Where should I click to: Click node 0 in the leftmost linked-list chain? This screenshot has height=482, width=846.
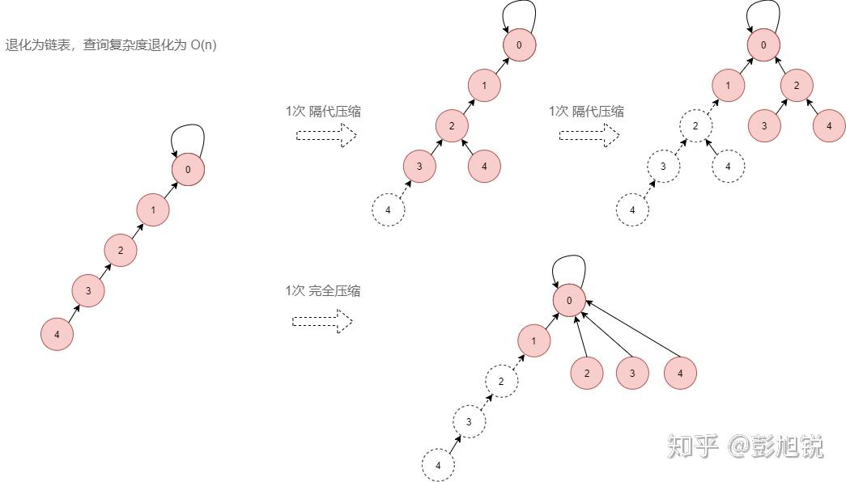point(188,170)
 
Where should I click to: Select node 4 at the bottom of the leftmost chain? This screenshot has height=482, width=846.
point(57,334)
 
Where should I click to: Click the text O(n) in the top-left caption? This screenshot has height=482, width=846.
point(203,45)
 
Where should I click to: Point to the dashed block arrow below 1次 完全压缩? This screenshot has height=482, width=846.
point(322,322)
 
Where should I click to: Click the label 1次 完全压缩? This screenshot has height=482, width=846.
point(322,291)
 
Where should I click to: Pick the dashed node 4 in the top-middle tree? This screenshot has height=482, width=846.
point(388,210)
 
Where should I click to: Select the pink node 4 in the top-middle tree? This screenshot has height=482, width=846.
point(484,167)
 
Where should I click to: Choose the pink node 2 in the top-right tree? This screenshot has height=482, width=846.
point(797,85)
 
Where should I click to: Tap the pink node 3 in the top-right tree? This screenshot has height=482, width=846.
point(763,126)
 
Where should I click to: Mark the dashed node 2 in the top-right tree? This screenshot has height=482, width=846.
point(695,126)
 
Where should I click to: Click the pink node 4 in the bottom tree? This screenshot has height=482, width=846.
point(680,373)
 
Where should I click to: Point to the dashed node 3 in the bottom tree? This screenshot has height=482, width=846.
point(469,421)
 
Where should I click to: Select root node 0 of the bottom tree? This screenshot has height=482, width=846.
point(569,301)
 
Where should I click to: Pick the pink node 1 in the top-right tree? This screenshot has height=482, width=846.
point(729,85)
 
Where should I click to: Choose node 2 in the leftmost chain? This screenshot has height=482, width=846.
point(121,251)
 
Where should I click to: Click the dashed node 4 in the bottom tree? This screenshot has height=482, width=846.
point(438,465)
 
